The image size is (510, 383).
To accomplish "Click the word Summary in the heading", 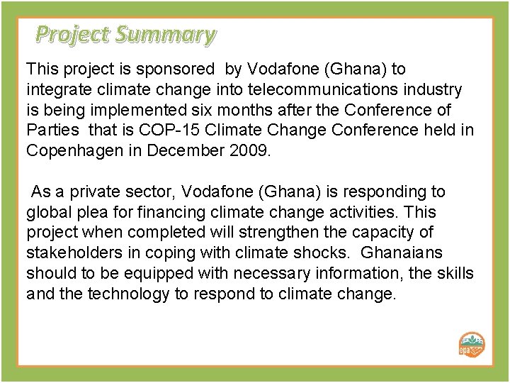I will point(167,33).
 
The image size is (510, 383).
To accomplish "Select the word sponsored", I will point(182,70).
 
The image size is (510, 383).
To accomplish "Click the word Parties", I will point(50,131).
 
